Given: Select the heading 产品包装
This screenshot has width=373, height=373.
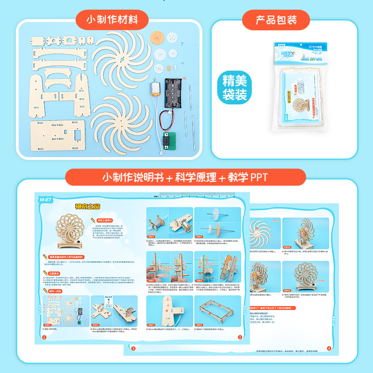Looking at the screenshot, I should click(x=276, y=20).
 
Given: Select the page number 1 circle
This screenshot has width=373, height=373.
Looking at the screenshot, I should click(x=44, y=337).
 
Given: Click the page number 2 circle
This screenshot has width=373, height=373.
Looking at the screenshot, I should click(x=240, y=337).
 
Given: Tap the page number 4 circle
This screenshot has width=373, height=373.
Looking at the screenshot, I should click(x=329, y=348).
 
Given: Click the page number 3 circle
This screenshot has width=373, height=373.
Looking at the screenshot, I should click(x=133, y=348).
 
